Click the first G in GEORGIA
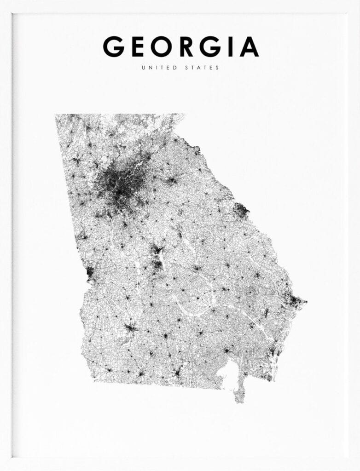(x=114, y=47)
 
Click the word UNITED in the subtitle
(x=159, y=68)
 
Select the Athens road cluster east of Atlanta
(x=172, y=180)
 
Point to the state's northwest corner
(x=56, y=115)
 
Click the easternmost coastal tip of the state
(x=306, y=302)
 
